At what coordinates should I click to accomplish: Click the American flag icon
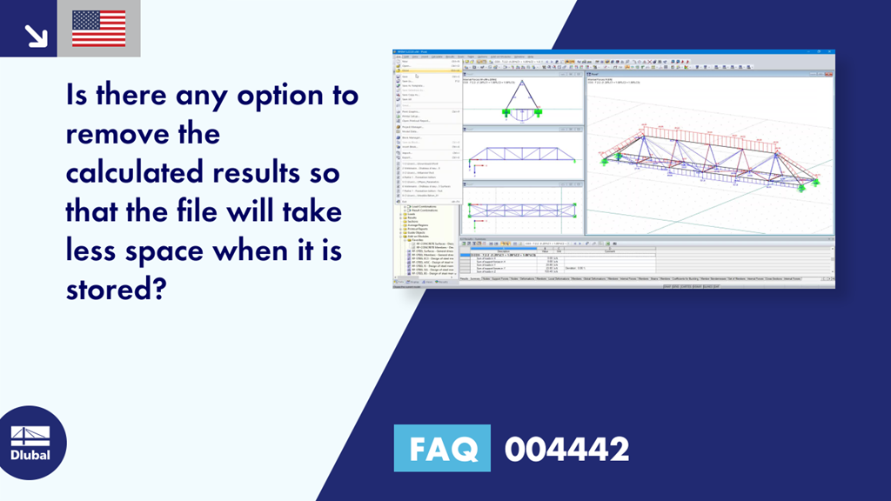tap(98, 29)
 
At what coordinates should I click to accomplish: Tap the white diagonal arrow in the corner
tap(36, 35)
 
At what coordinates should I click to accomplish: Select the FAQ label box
tap(442, 449)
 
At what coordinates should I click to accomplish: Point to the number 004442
tap(566, 449)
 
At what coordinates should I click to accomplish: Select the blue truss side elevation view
tap(522, 157)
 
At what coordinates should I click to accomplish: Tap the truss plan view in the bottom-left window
tap(522, 210)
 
